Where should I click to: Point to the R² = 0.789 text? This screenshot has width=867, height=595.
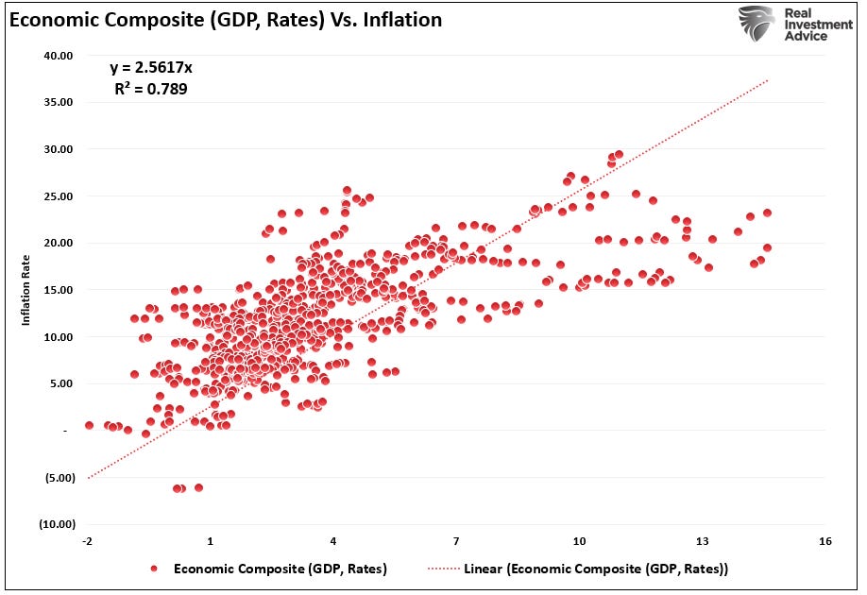coord(151,91)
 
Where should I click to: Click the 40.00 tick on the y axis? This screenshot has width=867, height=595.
coord(59,56)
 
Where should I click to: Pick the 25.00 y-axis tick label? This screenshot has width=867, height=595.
coord(59,196)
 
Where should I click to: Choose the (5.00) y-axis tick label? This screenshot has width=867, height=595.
coord(59,478)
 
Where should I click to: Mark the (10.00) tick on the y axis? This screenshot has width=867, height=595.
coord(57,524)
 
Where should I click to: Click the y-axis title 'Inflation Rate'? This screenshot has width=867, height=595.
coord(26,289)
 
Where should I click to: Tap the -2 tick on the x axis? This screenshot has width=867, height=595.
coord(87,542)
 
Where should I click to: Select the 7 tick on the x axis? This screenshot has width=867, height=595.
coord(456,542)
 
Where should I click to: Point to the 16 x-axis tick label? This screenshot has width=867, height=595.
coord(825,542)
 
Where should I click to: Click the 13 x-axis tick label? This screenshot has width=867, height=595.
coord(702,542)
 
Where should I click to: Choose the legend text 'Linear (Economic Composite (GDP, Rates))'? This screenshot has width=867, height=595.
coord(596,569)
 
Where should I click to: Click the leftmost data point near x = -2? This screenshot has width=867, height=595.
coord(89,425)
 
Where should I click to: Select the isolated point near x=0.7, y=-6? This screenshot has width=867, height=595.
coord(198,487)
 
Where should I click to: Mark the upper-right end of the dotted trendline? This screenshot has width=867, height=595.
coord(768,81)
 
